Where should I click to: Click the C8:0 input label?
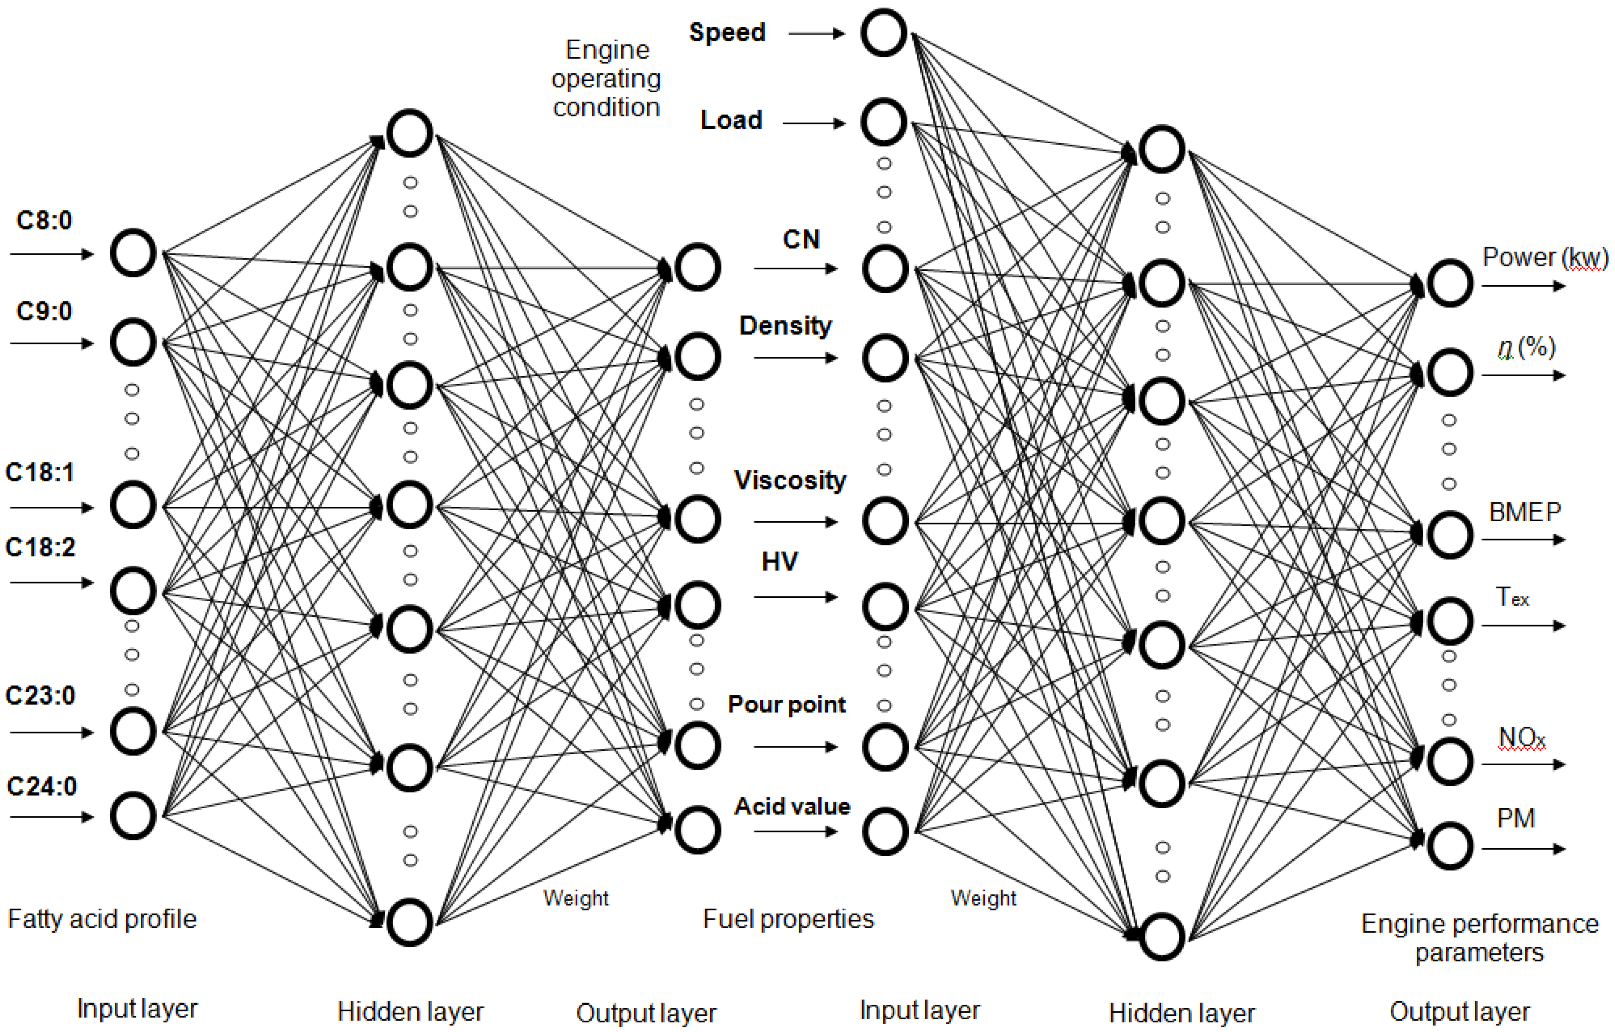(44, 220)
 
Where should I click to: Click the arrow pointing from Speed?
(816, 33)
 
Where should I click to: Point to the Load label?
(731, 120)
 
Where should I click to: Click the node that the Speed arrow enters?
(883, 32)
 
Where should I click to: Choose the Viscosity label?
(790, 480)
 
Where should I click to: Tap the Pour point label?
(787, 704)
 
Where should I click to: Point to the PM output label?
(1516, 818)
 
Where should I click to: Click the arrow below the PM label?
(1523, 849)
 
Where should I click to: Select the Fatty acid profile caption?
(102, 919)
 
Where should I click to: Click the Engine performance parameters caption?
(1480, 938)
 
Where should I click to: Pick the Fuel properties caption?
(788, 919)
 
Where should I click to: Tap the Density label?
(785, 326)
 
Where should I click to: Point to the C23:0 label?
(40, 695)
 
